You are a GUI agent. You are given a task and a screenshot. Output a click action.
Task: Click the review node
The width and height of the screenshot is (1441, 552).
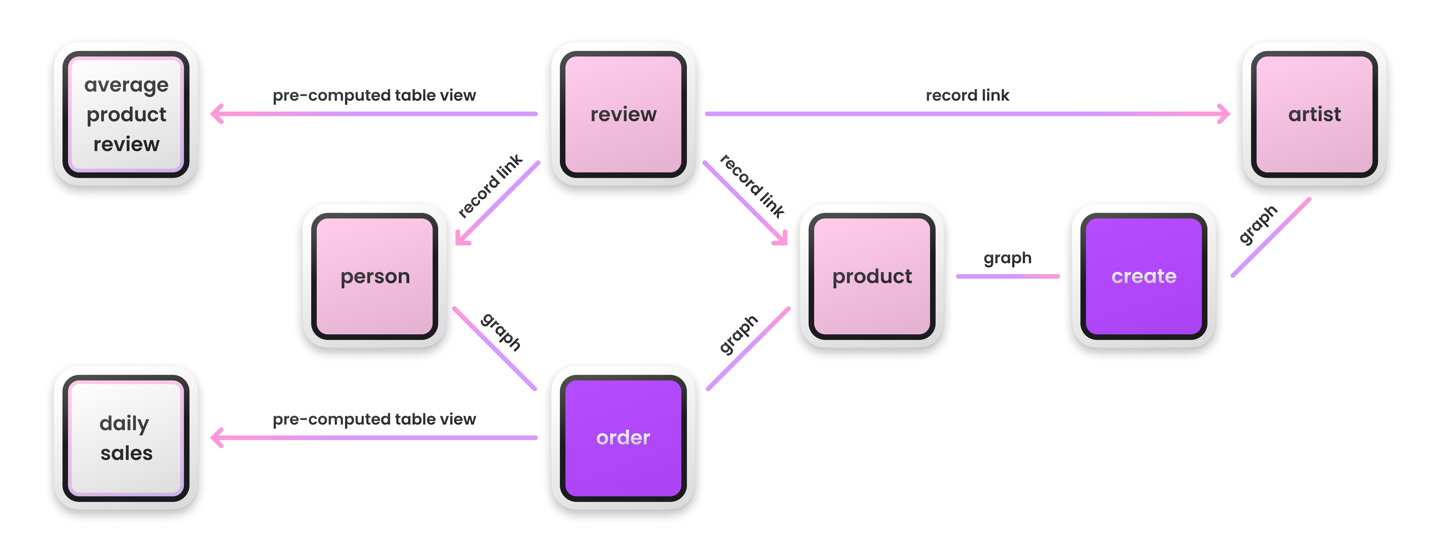623,115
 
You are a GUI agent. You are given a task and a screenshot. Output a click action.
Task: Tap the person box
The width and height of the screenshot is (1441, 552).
375,276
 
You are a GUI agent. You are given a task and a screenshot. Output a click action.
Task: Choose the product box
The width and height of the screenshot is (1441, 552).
871,276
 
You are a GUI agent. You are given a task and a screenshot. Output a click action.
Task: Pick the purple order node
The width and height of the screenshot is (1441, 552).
623,438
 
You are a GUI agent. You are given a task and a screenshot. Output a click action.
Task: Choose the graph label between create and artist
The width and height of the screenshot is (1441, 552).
1258,225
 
